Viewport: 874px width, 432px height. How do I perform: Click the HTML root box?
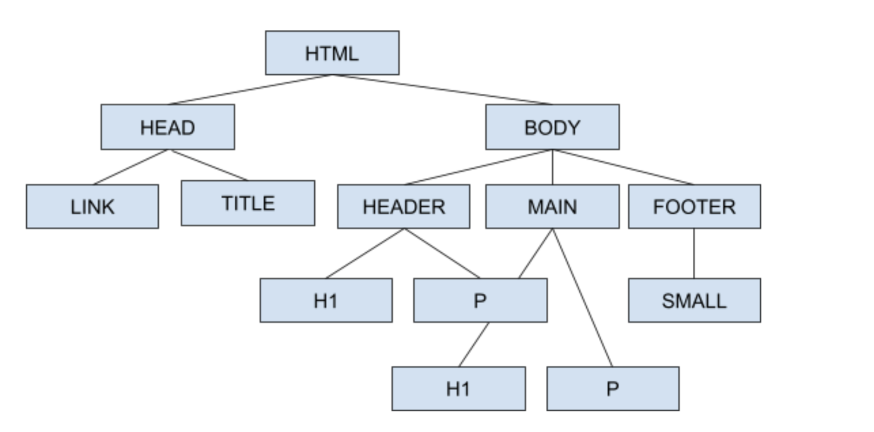tap(332, 52)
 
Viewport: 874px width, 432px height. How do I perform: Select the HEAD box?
tap(168, 127)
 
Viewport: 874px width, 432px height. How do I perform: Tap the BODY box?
tap(552, 127)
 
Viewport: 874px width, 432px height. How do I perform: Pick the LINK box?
tap(92, 206)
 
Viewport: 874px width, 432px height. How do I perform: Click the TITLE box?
tap(248, 203)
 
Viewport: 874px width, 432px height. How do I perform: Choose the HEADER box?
tap(404, 206)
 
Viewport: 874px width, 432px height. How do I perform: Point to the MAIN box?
tap(552, 206)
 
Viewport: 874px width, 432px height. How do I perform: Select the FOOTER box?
tap(694, 206)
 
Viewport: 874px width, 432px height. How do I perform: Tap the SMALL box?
tap(694, 300)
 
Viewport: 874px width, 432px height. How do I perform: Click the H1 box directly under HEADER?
tap(326, 300)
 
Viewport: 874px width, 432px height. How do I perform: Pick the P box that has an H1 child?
tap(480, 300)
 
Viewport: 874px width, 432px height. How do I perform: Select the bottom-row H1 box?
tap(459, 389)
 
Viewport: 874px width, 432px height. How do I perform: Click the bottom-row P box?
tap(613, 389)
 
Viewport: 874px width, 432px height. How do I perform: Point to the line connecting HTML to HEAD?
tap(250, 90)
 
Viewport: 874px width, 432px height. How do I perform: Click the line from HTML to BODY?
tap(442, 90)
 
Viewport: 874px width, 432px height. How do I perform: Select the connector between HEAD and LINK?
tap(131, 167)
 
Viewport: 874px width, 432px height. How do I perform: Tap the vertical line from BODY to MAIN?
tap(552, 167)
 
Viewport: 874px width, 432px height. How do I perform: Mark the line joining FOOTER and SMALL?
tap(694, 253)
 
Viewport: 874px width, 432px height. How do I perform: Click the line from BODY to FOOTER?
tap(623, 167)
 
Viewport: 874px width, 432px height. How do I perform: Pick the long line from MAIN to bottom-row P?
tap(582, 298)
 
